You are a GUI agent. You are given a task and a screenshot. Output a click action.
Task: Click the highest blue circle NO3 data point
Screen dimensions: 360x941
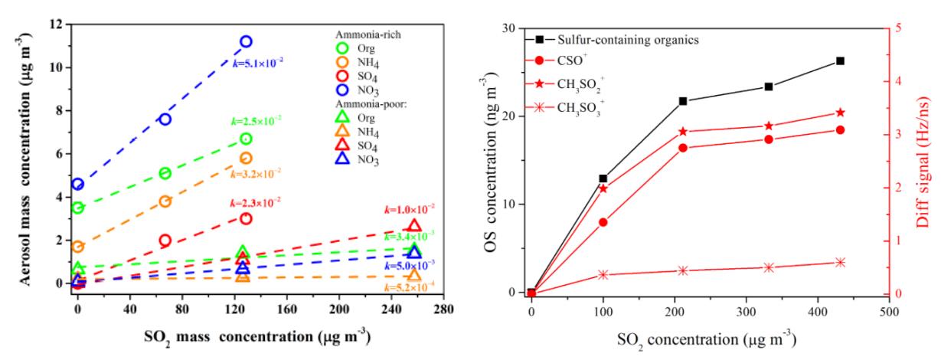point(246,41)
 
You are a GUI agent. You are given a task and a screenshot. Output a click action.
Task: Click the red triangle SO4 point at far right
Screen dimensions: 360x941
point(414,225)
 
